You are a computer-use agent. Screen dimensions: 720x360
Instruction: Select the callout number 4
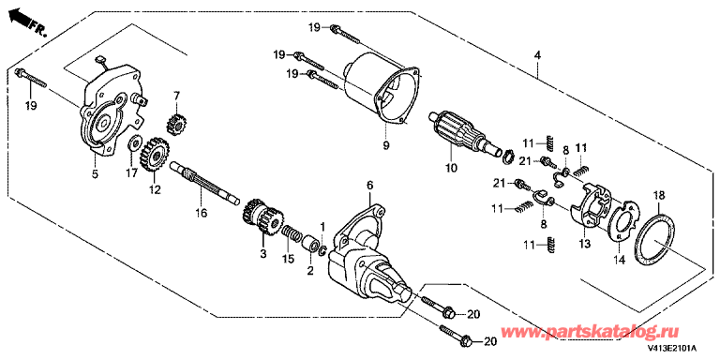point(537,55)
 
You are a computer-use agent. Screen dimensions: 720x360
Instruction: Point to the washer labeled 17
point(134,142)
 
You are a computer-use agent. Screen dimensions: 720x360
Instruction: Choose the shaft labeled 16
point(204,183)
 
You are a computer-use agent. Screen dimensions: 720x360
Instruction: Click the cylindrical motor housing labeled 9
point(382,90)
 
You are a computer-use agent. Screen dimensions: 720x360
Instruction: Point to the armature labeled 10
point(464,134)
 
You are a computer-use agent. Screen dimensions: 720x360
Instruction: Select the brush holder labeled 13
point(591,205)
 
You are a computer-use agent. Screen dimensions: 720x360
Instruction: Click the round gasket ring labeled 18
point(655,239)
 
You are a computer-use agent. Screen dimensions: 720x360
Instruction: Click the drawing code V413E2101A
point(672,349)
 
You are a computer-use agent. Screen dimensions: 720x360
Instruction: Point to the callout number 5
point(95,173)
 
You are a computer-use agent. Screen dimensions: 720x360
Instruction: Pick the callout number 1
point(322,227)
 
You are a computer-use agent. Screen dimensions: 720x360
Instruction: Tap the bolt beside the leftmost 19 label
point(32,79)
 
